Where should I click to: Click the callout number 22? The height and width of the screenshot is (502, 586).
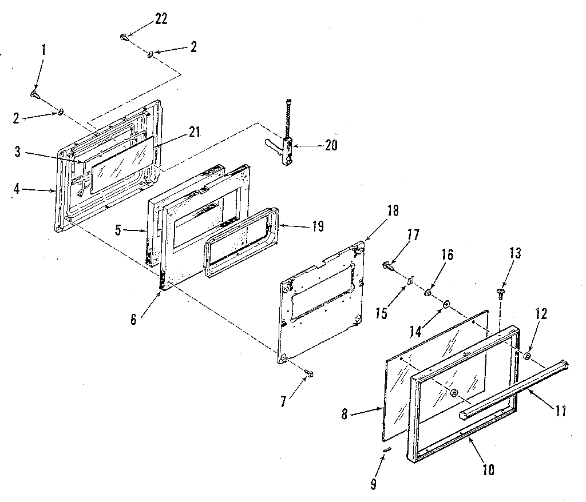[161, 19]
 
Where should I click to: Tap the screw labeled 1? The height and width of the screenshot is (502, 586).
[34, 93]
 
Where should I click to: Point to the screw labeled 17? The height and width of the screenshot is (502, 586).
[389, 264]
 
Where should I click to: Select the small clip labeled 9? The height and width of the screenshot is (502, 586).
[387, 450]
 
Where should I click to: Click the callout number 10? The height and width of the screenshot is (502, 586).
[488, 471]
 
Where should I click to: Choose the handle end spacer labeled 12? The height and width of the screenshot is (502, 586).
[527, 356]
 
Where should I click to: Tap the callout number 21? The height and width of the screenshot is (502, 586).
[195, 132]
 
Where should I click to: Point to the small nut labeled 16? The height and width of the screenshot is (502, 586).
[427, 293]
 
